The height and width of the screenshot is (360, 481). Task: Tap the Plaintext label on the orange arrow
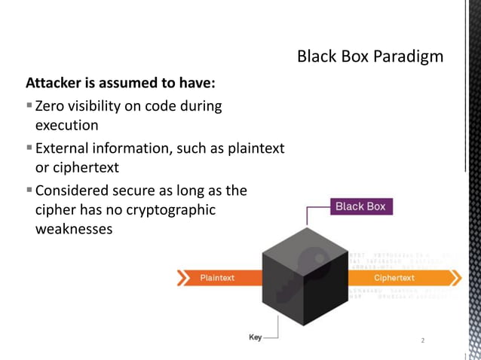coord(217,278)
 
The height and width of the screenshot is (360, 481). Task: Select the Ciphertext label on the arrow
coord(394,278)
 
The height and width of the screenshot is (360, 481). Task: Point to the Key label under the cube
coord(256,336)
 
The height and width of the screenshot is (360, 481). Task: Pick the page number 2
coord(423,341)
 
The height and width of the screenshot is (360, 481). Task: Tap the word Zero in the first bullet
coord(51,106)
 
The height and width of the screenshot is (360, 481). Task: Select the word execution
coord(67,125)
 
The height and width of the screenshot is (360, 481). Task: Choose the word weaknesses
coord(74,229)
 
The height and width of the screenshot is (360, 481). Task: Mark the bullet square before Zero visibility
coord(29,106)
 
